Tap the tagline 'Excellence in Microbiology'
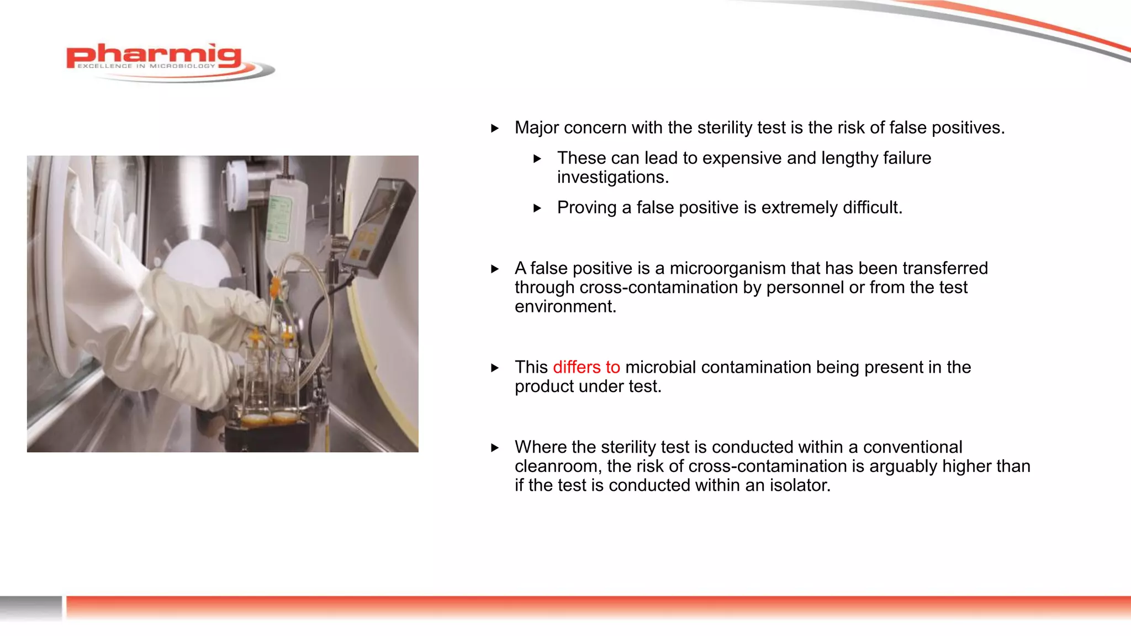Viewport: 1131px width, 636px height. (146, 66)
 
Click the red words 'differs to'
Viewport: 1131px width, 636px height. (586, 367)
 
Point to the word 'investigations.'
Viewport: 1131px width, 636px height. (612, 177)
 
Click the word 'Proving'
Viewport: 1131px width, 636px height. (586, 208)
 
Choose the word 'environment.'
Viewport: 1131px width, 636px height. (565, 306)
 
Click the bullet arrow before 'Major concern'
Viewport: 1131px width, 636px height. (495, 129)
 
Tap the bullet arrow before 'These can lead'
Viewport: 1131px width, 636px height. (537, 159)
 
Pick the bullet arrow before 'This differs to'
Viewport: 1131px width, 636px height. (495, 368)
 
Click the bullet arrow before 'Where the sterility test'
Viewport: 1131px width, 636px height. (495, 448)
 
